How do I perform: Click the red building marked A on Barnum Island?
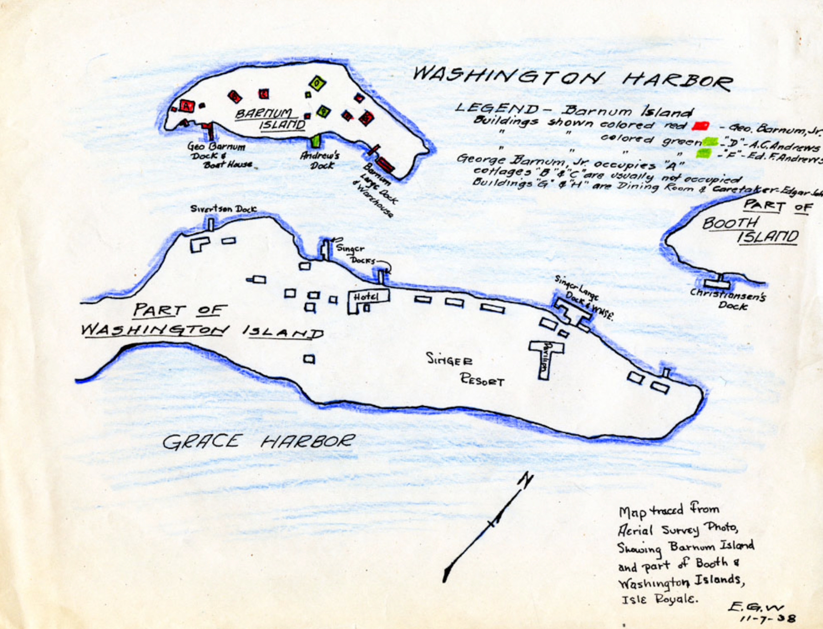(186, 105)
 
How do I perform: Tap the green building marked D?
(317, 83)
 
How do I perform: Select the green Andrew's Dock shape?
(315, 140)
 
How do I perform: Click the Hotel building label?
(366, 297)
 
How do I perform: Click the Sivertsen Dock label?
(223, 209)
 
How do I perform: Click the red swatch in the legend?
(701, 126)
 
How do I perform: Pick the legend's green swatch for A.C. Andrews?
(709, 141)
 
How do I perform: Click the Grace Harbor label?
(259, 442)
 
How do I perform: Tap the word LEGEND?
(497, 108)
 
